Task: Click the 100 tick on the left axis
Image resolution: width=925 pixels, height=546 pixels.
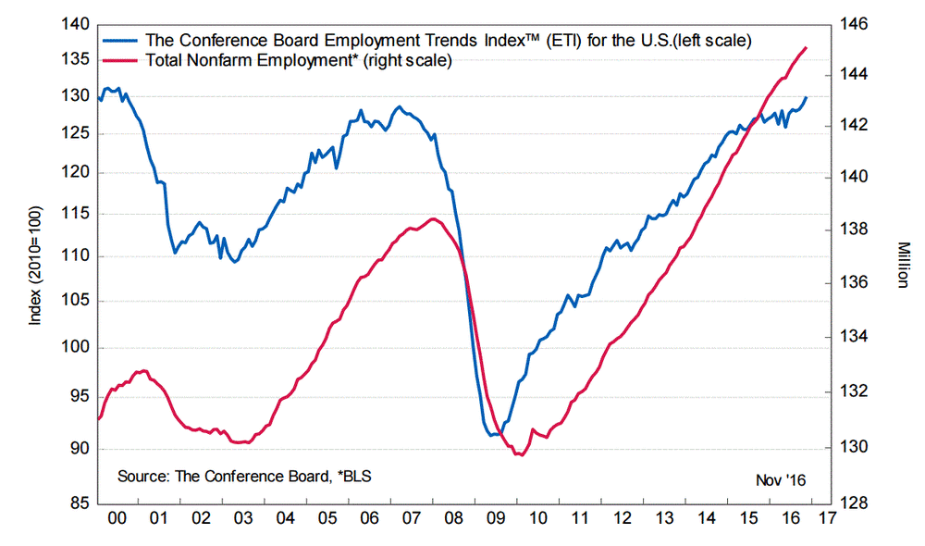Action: point(75,348)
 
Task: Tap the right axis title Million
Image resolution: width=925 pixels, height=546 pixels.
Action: point(904,264)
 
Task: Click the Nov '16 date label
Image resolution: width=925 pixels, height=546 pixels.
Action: point(782,480)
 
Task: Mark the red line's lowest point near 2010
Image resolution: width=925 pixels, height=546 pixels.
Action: point(519,454)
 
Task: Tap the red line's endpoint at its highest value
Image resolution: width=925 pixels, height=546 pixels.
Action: point(806,47)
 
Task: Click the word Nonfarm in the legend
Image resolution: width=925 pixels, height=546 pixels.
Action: point(208,61)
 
